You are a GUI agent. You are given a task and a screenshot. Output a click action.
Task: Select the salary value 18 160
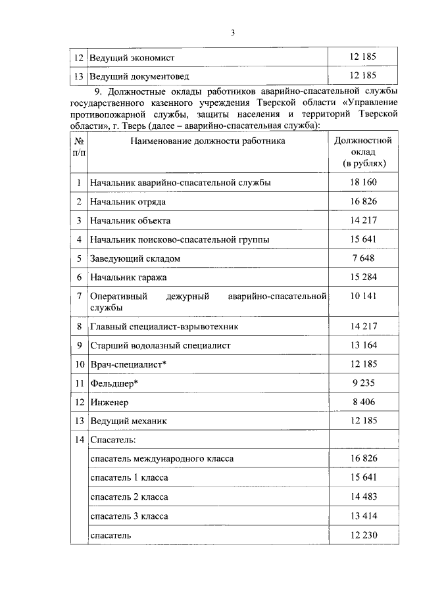[363, 183]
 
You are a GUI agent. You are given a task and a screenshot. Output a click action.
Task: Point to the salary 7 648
[363, 258]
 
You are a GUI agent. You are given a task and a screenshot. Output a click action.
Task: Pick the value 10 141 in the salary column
[363, 297]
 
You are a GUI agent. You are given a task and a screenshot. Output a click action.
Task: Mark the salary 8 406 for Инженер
[363, 402]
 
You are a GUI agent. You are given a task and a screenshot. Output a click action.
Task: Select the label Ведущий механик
[128, 421]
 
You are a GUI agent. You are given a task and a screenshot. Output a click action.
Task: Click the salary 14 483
[363, 497]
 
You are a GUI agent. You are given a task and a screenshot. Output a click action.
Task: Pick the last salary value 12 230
[363, 535]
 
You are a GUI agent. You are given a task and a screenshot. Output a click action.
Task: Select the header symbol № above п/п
[79, 141]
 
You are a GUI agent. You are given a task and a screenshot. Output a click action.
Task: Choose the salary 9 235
[363, 383]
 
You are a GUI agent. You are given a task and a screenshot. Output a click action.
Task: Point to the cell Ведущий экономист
[132, 57]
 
